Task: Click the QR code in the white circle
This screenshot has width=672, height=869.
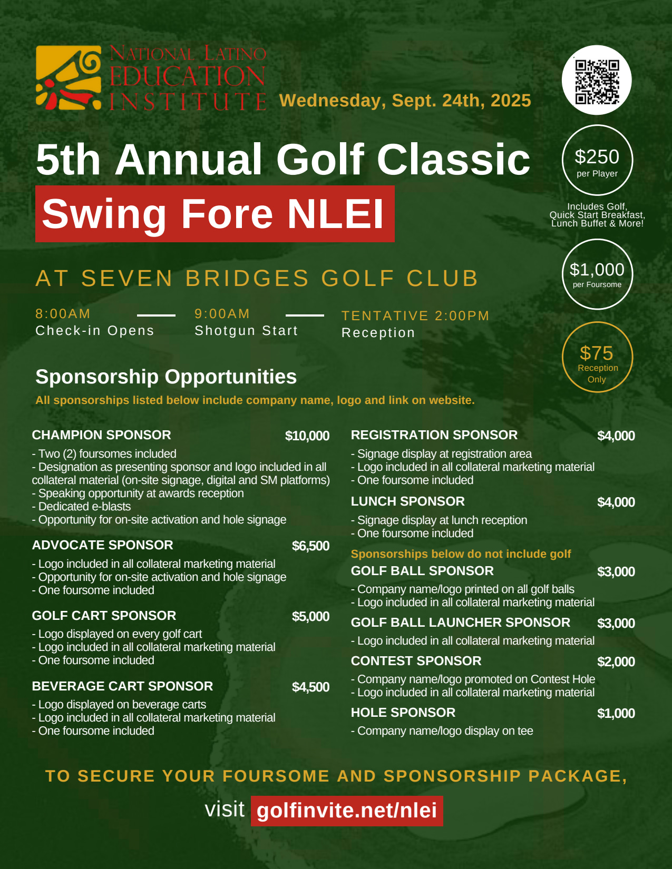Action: tap(597, 81)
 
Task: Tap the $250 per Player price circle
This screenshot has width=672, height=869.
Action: tap(597, 160)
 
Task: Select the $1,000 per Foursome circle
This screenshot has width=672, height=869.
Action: tap(597, 274)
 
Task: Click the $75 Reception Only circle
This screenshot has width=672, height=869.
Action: tap(597, 357)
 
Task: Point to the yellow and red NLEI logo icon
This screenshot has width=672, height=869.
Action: tap(69, 77)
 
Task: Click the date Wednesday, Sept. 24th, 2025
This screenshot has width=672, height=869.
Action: tap(405, 101)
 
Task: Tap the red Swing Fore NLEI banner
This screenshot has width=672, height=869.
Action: tap(215, 214)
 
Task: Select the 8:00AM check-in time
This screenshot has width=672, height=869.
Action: tap(63, 314)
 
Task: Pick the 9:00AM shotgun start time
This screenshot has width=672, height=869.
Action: tap(222, 314)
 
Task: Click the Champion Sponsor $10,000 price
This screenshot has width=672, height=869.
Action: tap(307, 436)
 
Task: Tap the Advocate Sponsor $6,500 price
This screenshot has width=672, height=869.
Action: tap(310, 546)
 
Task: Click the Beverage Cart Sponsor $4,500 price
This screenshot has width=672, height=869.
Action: tap(310, 687)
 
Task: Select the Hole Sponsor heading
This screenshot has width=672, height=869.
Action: tap(403, 713)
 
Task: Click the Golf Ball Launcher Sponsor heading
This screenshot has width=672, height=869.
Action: tap(460, 623)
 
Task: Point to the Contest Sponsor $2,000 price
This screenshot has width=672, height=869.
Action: tap(616, 662)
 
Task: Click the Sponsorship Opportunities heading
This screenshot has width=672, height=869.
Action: tap(166, 377)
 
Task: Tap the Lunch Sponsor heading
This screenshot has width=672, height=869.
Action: tap(408, 501)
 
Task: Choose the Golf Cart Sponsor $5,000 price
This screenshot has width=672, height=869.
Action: tap(310, 617)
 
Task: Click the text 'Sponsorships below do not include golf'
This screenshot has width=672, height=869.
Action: tap(461, 554)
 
